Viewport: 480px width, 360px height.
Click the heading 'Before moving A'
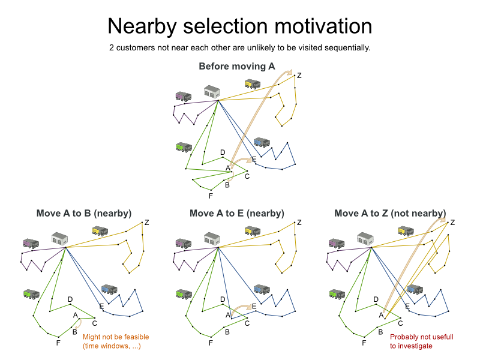[x=237, y=66]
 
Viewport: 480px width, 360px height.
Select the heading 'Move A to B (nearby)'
[x=84, y=213]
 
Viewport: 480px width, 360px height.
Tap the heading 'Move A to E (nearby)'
[x=237, y=213]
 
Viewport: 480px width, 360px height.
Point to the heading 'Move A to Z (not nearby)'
[x=390, y=213]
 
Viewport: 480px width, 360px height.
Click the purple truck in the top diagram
[x=183, y=96]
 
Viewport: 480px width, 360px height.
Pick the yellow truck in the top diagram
[x=253, y=84]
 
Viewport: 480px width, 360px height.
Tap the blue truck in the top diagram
[x=261, y=142]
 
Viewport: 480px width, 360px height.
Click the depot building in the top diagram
[x=212, y=92]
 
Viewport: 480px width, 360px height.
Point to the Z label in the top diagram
[x=299, y=76]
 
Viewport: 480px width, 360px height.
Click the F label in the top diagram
[x=211, y=196]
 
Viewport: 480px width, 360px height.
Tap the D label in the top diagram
[x=223, y=153]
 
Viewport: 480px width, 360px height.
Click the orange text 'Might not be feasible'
[x=116, y=337]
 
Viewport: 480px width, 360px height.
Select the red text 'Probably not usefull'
[x=421, y=337]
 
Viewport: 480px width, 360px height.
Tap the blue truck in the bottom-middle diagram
[x=261, y=289]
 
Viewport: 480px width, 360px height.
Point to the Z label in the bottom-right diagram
[x=452, y=223]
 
